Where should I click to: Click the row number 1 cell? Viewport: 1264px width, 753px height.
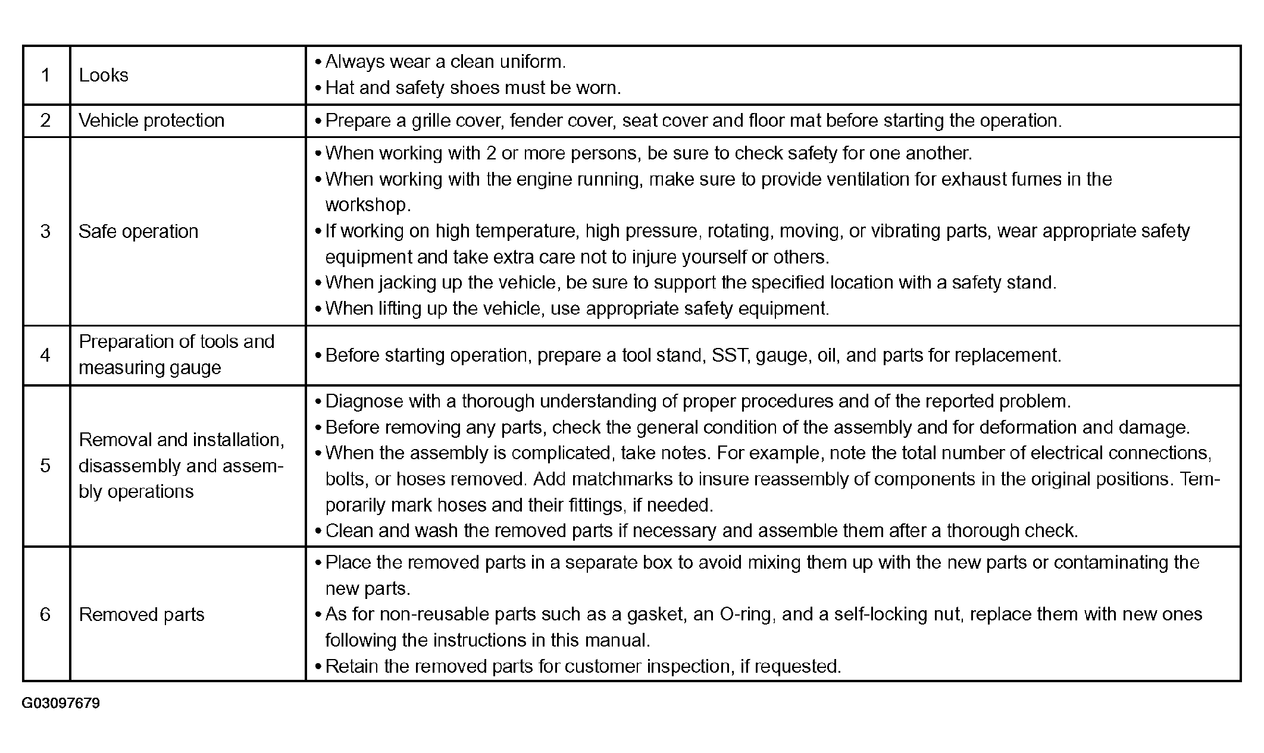(45, 76)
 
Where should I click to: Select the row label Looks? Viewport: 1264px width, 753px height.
(104, 76)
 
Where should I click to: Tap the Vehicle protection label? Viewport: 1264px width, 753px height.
(151, 121)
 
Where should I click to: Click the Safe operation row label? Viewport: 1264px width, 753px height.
(138, 231)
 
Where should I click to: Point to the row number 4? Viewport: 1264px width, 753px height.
(45, 355)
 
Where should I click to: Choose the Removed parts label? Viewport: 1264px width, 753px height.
(142, 614)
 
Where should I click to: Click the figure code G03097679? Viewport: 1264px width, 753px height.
(61, 704)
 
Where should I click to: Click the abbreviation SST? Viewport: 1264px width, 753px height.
(730, 355)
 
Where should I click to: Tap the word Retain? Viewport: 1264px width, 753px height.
(352, 666)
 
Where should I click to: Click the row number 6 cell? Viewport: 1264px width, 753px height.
(45, 614)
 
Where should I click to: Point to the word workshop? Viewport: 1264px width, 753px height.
(367, 205)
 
